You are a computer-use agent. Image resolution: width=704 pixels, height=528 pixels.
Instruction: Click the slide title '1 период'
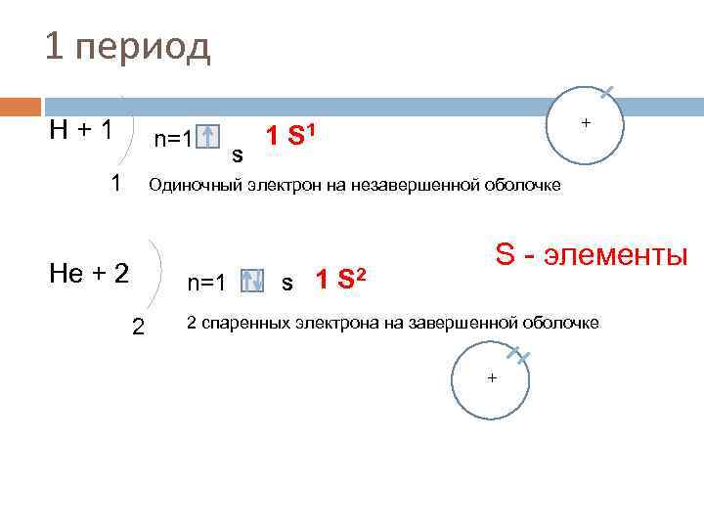point(127,46)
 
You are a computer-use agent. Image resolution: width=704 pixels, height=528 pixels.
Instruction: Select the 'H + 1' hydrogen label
point(80,129)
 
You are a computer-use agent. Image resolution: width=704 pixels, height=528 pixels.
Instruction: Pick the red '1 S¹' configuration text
point(293,134)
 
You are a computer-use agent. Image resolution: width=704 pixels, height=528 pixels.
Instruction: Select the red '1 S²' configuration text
point(341,282)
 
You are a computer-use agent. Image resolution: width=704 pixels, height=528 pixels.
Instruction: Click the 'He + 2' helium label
point(89,272)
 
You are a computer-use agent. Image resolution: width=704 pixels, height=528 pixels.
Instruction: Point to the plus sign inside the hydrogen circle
point(586,123)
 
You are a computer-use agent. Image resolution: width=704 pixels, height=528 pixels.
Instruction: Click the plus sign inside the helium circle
point(492,377)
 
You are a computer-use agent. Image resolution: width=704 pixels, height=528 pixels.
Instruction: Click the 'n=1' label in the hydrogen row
point(173,139)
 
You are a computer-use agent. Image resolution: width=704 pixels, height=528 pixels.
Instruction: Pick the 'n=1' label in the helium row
point(207,284)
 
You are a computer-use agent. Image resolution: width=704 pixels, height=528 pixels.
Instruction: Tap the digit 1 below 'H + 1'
point(116,183)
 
